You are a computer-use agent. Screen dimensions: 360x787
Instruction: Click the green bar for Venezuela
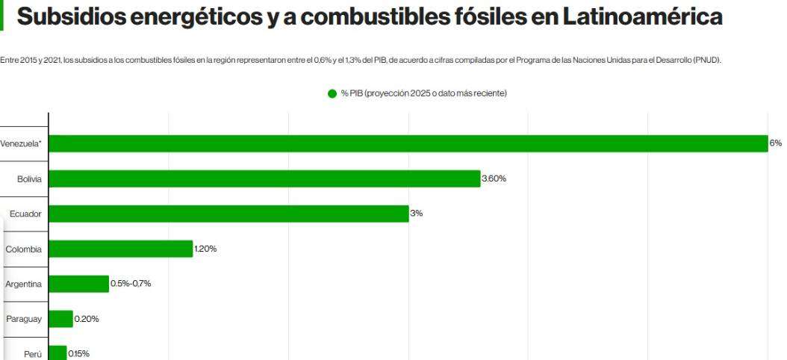coord(408,143)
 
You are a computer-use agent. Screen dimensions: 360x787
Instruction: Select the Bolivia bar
coord(264,179)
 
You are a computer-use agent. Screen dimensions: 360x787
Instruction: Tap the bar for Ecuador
coord(228,214)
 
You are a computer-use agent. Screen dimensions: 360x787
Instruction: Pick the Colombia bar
coord(121,249)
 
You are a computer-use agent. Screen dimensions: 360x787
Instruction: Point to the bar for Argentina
coord(78,284)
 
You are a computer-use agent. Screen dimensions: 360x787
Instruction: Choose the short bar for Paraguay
coord(60,319)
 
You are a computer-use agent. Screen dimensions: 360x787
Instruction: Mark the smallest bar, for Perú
coord(57,351)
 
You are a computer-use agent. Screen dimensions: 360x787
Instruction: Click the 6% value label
coord(777,143)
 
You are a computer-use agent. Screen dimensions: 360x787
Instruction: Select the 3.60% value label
coord(495,179)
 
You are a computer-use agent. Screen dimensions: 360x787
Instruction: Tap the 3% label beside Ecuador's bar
coord(416,214)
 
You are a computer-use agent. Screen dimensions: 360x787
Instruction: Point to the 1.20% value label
coord(205,249)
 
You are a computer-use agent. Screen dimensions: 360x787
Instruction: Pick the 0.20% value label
coord(87,319)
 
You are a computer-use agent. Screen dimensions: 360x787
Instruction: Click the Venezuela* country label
coord(21,143)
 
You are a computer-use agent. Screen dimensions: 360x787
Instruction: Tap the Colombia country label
coord(23,249)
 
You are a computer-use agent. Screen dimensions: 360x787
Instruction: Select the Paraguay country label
coord(23,319)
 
